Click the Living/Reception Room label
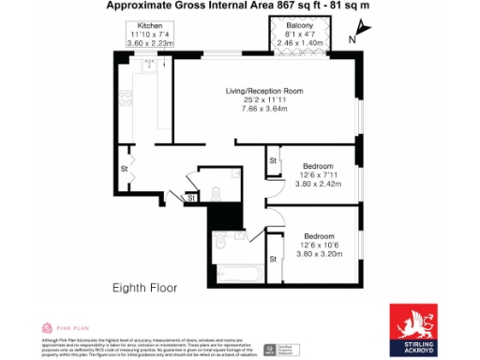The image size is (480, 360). click(x=265, y=90)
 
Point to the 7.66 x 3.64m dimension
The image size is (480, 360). click(x=265, y=109)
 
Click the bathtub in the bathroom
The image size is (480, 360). click(x=238, y=276)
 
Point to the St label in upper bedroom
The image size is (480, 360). click(x=274, y=161)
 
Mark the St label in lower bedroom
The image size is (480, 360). click(x=274, y=259)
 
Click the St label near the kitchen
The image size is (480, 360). click(x=124, y=170)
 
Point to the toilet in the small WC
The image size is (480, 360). click(x=215, y=191)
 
